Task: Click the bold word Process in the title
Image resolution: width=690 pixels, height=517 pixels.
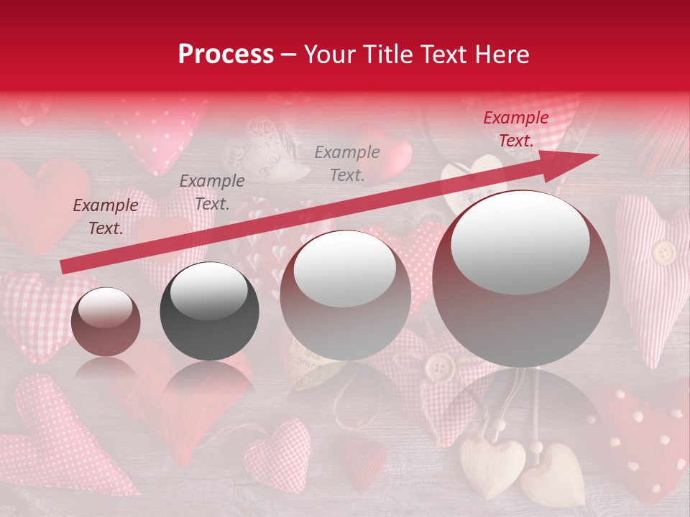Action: coord(226,54)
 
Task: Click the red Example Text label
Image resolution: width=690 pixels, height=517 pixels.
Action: coord(515,129)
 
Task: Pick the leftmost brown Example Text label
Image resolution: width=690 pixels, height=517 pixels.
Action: coord(106,216)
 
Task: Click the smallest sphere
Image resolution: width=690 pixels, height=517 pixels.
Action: coord(106,322)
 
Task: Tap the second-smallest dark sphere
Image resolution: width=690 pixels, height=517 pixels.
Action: coord(209,311)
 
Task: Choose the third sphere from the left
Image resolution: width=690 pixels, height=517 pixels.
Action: coord(345,295)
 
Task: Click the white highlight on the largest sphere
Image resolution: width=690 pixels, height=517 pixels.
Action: coord(520,241)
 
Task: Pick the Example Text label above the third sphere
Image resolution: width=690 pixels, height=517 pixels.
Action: coord(347,163)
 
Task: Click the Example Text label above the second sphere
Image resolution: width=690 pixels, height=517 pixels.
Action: coord(212,192)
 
